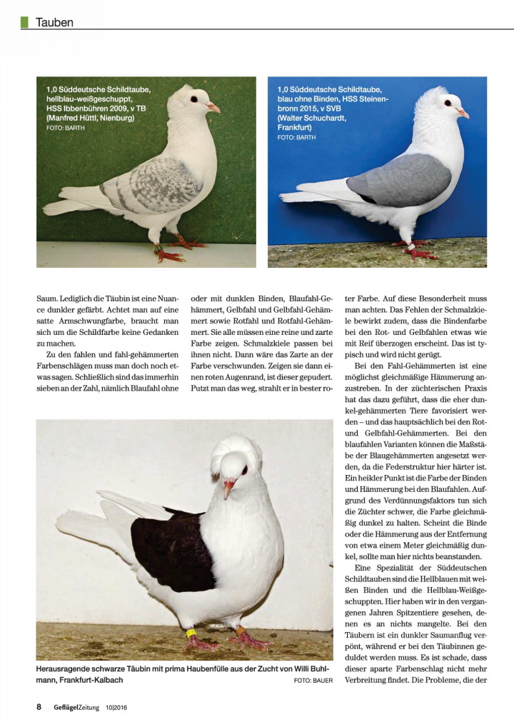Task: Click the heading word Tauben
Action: pyautogui.click(x=55, y=22)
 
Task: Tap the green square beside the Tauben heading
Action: pyautogui.click(x=24, y=22)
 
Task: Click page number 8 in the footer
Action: pyautogui.click(x=39, y=707)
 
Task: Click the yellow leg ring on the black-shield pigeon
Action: pyautogui.click(x=191, y=632)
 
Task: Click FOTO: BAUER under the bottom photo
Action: pyautogui.click(x=313, y=680)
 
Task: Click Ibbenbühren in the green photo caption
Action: pyautogui.click(x=93, y=108)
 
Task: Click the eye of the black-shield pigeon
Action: pyautogui.click(x=244, y=470)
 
